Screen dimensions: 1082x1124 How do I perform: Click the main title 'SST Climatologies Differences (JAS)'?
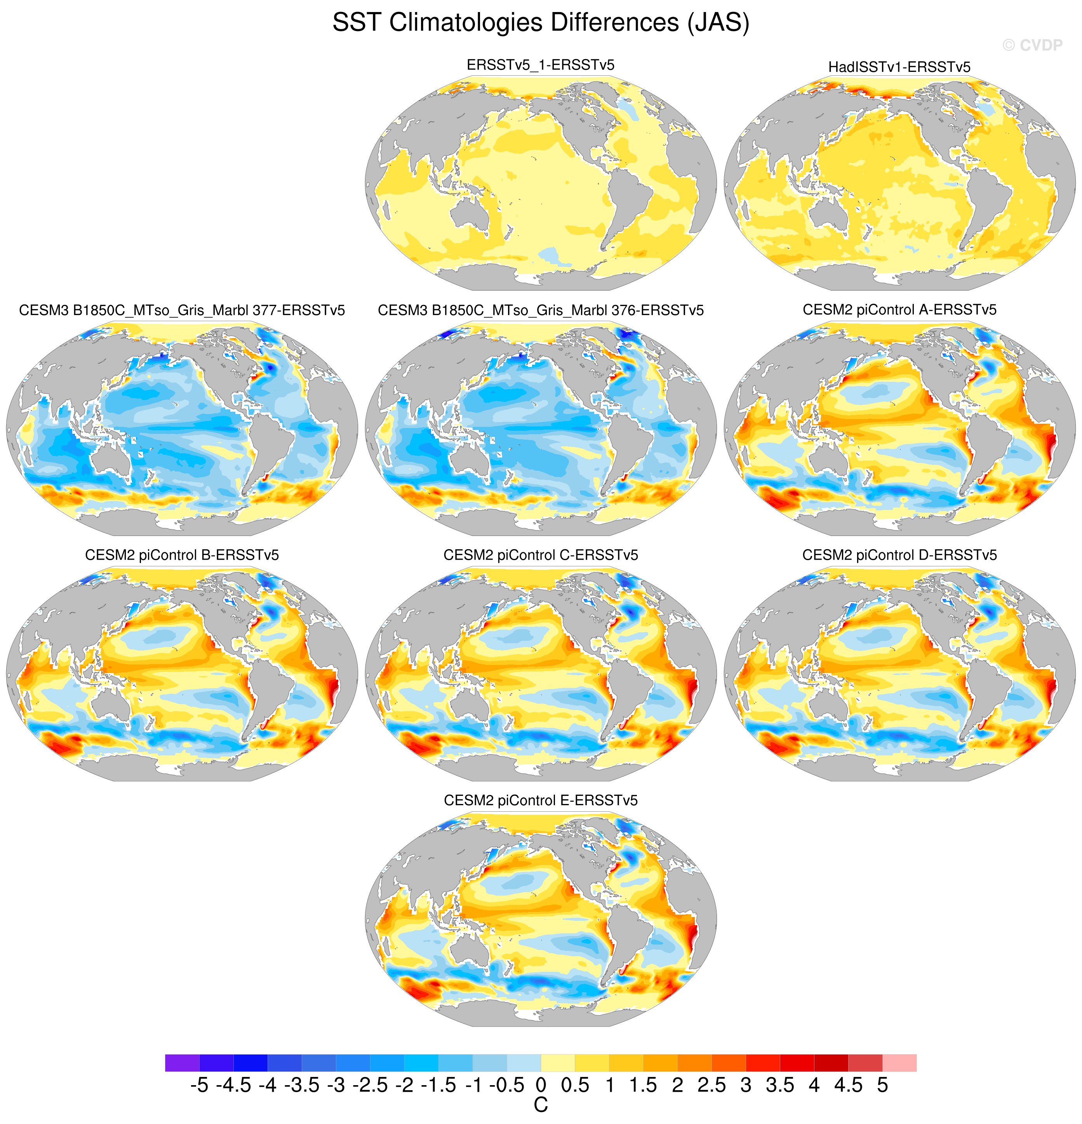tap(541, 23)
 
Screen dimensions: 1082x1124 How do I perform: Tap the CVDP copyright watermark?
tap(1032, 45)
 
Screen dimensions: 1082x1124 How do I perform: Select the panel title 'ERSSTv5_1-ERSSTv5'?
tap(540, 65)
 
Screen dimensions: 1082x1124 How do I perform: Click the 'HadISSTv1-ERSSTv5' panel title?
tap(899, 67)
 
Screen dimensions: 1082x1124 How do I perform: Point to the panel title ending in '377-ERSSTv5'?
tap(182, 310)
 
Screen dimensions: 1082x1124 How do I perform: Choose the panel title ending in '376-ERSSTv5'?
tap(540, 310)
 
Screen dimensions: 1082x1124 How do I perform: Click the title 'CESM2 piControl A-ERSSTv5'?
tap(899, 310)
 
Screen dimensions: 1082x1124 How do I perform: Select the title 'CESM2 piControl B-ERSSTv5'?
tap(182, 555)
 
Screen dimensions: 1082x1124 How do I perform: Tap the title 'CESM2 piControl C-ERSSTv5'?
tap(540, 555)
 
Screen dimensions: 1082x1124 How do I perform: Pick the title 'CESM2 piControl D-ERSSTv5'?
tap(899, 555)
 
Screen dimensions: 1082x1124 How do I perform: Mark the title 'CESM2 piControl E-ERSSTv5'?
tap(540, 800)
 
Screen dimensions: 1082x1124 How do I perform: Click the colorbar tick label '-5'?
tap(199, 1085)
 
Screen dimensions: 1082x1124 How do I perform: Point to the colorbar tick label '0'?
tap(541, 1085)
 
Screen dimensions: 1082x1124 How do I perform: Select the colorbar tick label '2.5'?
tap(711, 1085)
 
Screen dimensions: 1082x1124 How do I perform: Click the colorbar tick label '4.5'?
tap(848, 1085)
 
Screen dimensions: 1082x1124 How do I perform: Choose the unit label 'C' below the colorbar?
tap(541, 1105)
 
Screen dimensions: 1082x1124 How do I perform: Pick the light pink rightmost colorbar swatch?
tap(899, 1063)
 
